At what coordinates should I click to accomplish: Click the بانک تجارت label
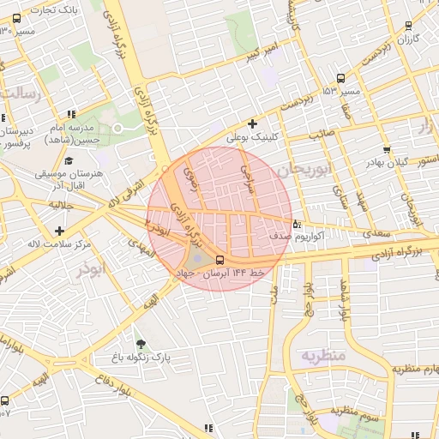(x=54, y=9)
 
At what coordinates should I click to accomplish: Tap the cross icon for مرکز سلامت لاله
(x=58, y=231)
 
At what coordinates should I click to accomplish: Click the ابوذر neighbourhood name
(x=88, y=269)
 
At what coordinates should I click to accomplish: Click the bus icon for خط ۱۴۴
(x=220, y=260)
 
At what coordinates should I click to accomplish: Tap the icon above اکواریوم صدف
(x=297, y=225)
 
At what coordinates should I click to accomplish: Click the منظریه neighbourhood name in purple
(x=323, y=354)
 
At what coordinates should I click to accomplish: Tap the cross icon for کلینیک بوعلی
(x=252, y=123)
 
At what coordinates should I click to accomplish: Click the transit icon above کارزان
(x=407, y=26)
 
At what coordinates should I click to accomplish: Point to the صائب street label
(x=321, y=134)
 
